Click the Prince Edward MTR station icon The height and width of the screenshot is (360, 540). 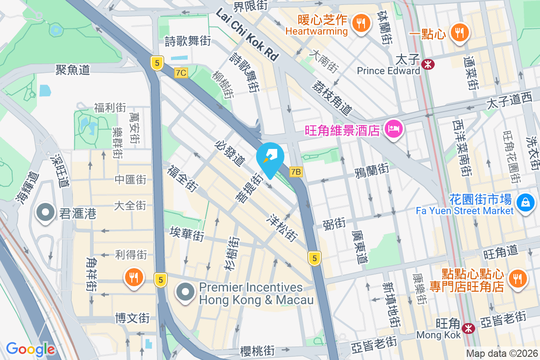428,64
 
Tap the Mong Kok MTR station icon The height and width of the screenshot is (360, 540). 469,328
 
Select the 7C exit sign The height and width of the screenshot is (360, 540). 181,73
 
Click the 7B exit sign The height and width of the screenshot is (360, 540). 296,171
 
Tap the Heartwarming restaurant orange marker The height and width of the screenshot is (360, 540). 360,23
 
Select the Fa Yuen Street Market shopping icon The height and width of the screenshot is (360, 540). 525,202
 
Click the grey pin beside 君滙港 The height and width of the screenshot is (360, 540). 45,213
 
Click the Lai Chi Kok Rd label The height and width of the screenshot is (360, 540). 247,36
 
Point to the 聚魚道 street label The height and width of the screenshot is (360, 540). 73,69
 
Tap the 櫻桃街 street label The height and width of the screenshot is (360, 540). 257,351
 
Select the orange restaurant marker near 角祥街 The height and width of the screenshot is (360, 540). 134,277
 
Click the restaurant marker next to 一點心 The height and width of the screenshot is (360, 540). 459,33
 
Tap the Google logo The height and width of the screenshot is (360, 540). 31,349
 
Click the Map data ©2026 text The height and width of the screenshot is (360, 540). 501,354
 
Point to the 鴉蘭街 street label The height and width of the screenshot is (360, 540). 371,170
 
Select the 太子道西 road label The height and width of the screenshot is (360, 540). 508,103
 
